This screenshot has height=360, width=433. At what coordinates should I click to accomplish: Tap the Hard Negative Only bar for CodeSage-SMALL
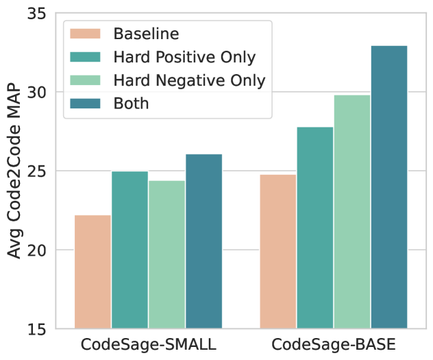[x=166, y=254]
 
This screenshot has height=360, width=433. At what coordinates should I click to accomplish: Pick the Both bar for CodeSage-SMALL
[x=203, y=241]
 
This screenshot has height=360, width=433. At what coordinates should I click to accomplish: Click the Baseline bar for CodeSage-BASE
[x=278, y=252]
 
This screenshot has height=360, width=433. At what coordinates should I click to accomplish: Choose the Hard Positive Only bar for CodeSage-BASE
[x=315, y=228]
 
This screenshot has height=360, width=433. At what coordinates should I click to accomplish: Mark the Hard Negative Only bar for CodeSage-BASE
[x=352, y=212]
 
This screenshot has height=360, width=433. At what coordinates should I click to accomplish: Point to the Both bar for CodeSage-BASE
[x=389, y=187]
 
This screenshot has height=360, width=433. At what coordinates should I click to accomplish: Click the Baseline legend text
[x=147, y=34]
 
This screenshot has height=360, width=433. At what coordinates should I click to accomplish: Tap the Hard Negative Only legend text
[x=189, y=80]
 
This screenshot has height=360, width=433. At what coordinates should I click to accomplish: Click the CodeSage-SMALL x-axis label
[x=148, y=344]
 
